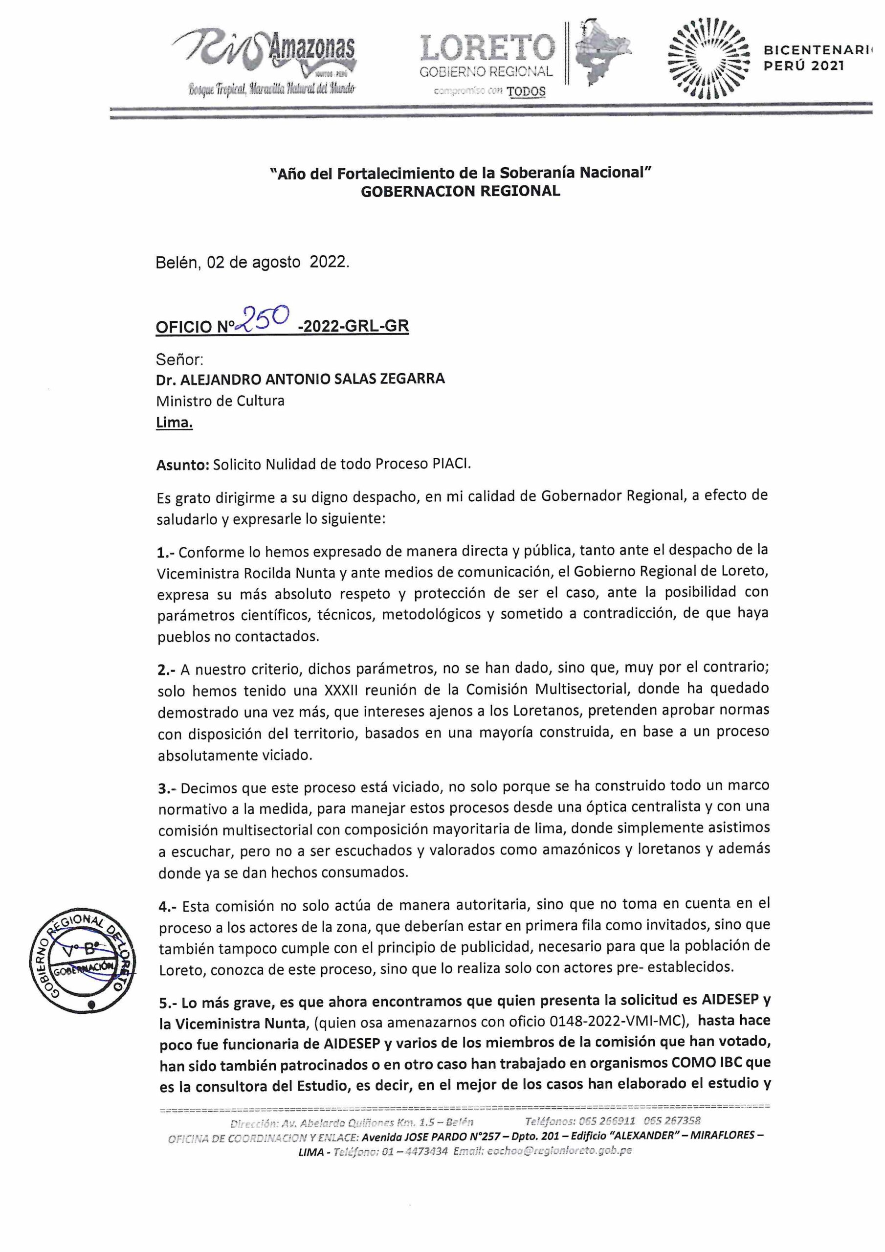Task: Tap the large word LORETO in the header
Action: tap(487, 48)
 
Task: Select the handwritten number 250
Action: tap(265, 318)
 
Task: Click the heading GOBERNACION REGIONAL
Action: tap(460, 191)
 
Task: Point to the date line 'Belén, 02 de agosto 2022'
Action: tap(252, 262)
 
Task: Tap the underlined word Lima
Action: tap(174, 423)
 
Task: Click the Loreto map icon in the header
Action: tap(600, 52)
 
